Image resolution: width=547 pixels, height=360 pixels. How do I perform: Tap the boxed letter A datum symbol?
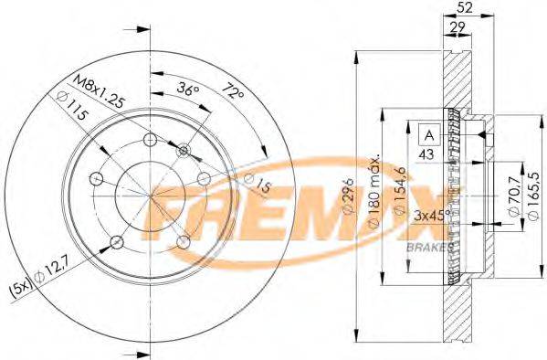427,134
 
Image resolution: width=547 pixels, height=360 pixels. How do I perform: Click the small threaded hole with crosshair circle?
185,149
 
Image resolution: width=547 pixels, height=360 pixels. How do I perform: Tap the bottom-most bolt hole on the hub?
116,241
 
